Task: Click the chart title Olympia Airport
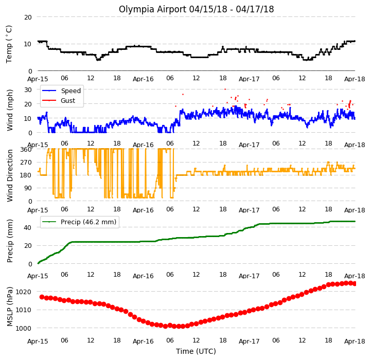point(153,9)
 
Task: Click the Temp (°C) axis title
point(9,44)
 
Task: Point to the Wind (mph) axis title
point(10,110)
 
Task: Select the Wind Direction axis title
point(10,175)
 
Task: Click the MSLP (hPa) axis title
point(10,307)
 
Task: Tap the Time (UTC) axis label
point(196,351)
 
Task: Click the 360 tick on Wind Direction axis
point(26,150)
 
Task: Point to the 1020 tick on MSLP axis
point(23,292)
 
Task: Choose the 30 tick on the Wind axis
point(28,90)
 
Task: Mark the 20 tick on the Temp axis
point(28,17)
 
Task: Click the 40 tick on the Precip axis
point(27,227)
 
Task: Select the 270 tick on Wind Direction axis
point(26,163)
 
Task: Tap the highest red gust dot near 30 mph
point(225,89)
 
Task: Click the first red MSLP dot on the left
point(42,297)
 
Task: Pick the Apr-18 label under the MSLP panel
point(355,341)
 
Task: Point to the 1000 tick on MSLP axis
point(23,328)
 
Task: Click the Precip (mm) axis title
point(10,241)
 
